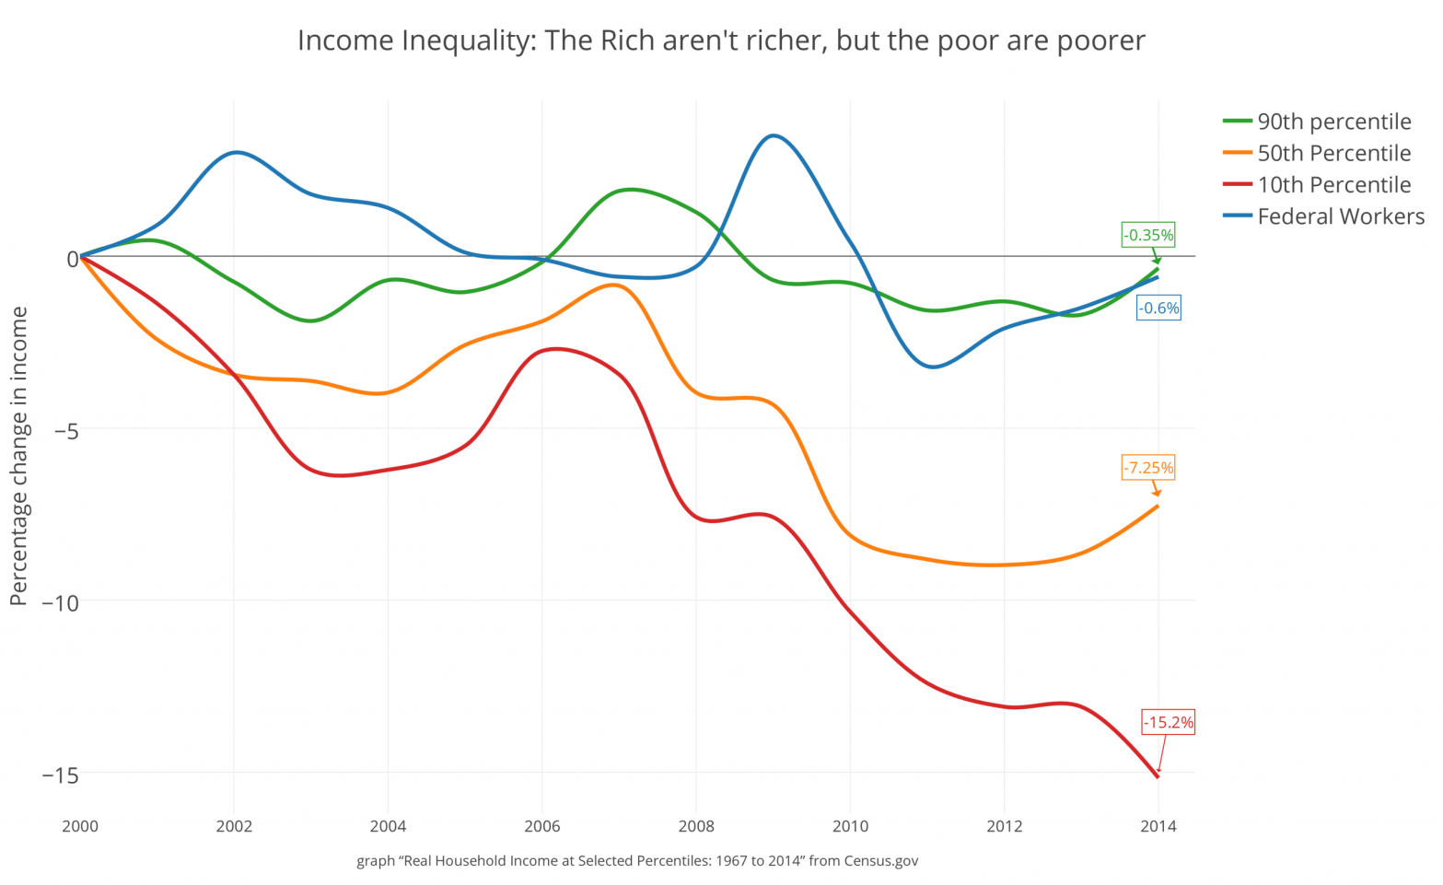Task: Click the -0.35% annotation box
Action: (1147, 235)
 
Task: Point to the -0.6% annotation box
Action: (1158, 309)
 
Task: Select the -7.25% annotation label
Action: (1147, 468)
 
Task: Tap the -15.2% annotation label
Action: (1168, 722)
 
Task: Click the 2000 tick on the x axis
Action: (80, 826)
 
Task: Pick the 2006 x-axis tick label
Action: (542, 826)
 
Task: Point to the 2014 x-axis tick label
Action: (1158, 826)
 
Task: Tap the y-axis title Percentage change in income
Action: (18, 456)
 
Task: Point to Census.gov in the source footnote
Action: (880, 861)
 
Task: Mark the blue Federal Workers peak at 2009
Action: (774, 135)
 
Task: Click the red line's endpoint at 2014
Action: (1158, 777)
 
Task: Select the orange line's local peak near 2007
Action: (615, 285)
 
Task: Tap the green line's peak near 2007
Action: (629, 190)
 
